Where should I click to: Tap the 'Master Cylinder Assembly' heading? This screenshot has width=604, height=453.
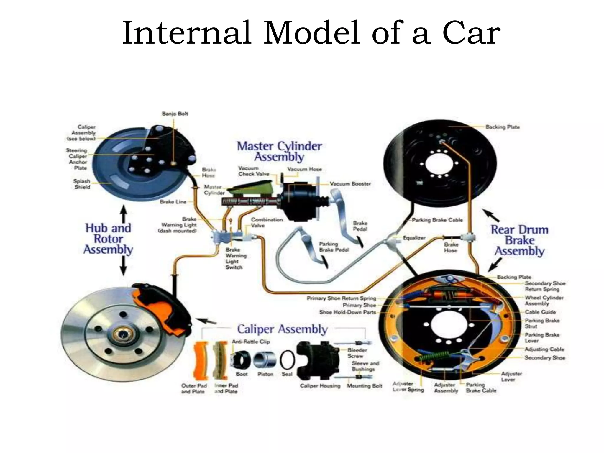coord(279,152)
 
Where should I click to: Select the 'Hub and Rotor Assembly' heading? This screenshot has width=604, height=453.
coord(108,239)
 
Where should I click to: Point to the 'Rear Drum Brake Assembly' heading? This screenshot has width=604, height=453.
coord(519,240)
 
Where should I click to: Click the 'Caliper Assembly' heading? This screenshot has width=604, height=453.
coord(282,329)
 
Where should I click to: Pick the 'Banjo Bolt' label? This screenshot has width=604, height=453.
coord(175,114)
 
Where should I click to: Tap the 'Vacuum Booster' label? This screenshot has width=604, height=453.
coord(350,184)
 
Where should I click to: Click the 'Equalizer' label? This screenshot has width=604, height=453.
coord(414,238)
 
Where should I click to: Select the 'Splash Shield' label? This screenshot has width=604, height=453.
coord(82,184)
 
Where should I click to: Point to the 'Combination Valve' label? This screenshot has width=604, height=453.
coord(266,223)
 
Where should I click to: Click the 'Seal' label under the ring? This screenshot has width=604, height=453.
coord(287,374)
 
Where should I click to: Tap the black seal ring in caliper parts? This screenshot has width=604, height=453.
coord(287,360)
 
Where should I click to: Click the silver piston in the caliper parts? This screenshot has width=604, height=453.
coord(265,360)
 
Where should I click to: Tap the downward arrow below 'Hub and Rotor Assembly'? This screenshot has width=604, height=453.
coord(124,266)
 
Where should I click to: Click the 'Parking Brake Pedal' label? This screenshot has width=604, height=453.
coord(334,247)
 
